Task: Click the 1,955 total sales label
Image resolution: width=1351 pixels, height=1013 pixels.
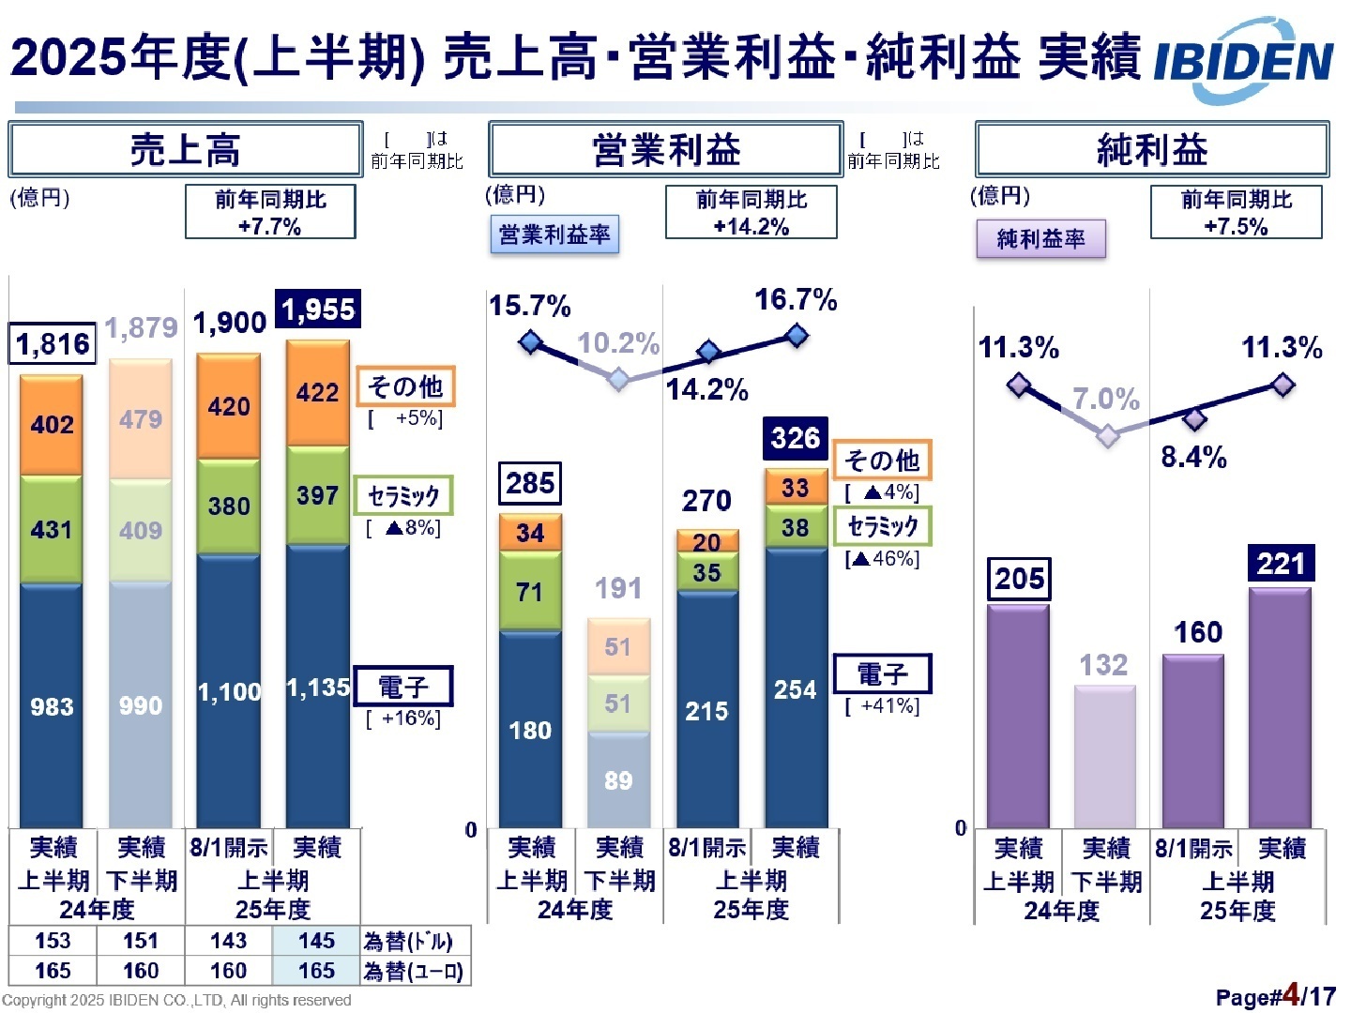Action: click(x=318, y=310)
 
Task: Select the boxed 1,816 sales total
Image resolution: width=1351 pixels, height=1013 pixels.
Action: click(x=53, y=344)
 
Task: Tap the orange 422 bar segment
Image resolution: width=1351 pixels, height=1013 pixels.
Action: click(x=317, y=393)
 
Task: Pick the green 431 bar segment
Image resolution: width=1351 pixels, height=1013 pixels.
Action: click(x=52, y=530)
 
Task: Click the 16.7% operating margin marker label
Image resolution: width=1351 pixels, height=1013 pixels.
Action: click(x=796, y=300)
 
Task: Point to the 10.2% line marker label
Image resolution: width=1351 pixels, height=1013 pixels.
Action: click(x=618, y=343)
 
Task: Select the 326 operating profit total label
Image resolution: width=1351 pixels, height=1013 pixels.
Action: click(x=795, y=438)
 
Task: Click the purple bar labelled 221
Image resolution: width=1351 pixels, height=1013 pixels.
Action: click(x=1280, y=708)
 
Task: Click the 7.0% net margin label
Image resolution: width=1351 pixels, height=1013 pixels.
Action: click(x=1105, y=399)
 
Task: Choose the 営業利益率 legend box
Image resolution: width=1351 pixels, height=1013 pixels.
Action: click(x=554, y=234)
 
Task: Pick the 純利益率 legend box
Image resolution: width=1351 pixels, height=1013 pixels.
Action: click(x=1040, y=239)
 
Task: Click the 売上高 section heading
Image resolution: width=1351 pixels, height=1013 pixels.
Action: click(x=185, y=150)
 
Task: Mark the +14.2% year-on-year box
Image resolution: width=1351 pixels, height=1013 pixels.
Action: click(x=751, y=213)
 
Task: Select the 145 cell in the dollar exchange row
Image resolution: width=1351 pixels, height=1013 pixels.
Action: click(x=317, y=941)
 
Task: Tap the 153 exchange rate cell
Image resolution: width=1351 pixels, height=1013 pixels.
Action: click(x=53, y=941)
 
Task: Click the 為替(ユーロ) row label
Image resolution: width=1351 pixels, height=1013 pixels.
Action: click(x=414, y=971)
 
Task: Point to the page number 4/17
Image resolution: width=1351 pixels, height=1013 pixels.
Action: click(x=1304, y=995)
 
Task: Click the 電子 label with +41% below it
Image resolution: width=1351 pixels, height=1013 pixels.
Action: click(x=882, y=673)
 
